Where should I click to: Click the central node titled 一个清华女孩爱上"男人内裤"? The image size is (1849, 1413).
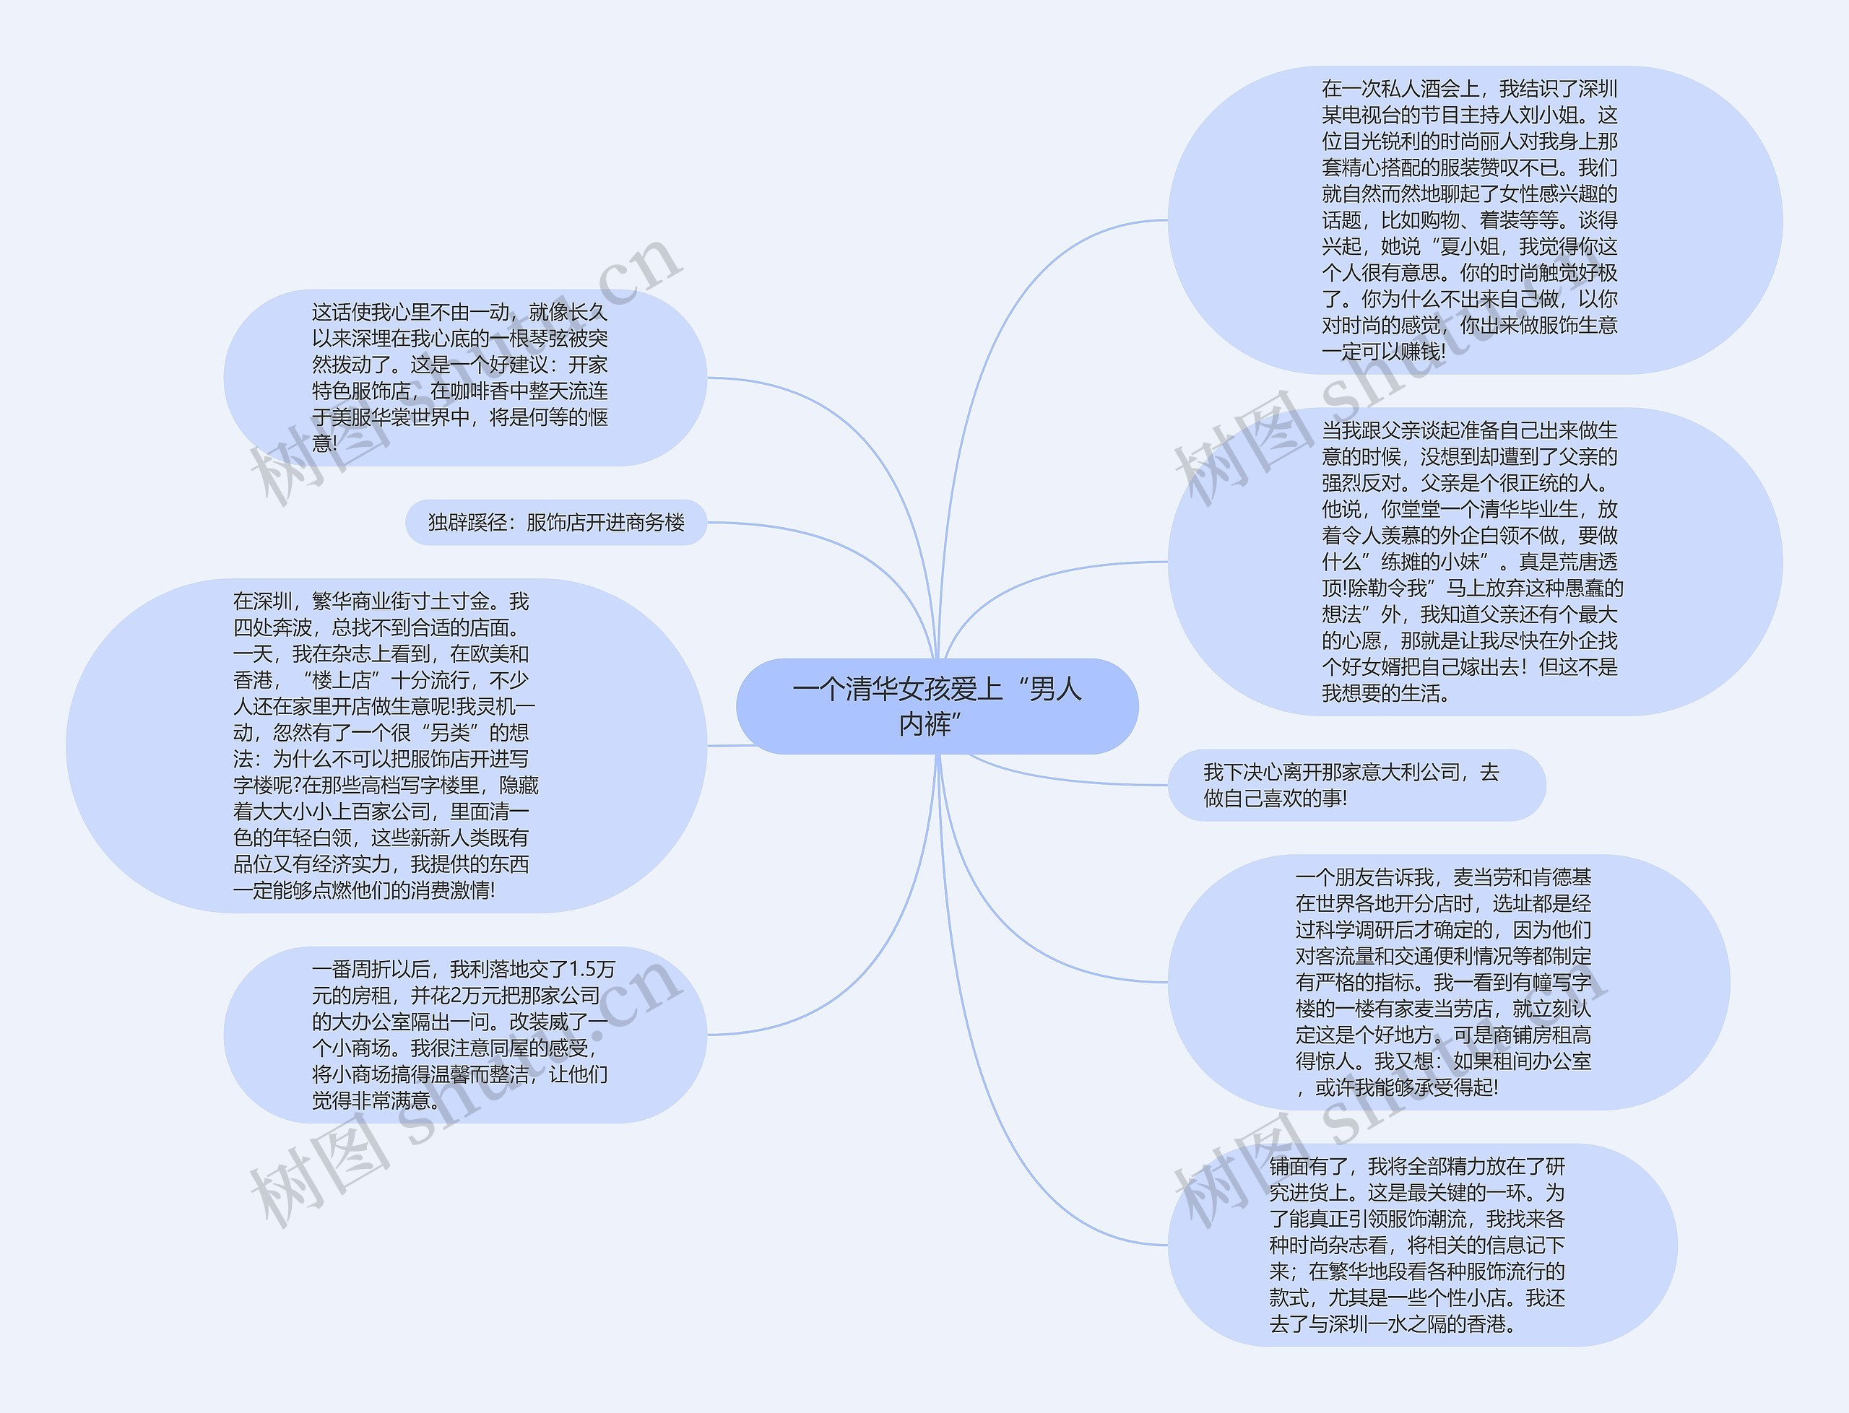pyautogui.click(x=936, y=706)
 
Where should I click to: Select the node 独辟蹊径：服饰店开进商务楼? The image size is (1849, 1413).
pyautogui.click(x=556, y=522)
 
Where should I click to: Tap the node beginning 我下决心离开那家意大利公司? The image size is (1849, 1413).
pyautogui.click(x=1356, y=785)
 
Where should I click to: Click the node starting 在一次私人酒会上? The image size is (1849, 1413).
pyautogui.click(x=1474, y=220)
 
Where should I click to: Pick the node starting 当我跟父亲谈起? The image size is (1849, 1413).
pyautogui.click(x=1474, y=562)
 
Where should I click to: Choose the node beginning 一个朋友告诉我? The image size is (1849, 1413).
pyautogui.click(x=1447, y=983)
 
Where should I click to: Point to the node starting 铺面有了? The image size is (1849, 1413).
pyautogui.click(x=1421, y=1245)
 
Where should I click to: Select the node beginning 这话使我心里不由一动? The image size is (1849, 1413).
pyautogui.click(x=464, y=378)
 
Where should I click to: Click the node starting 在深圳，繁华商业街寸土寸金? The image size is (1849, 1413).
pyautogui.click(x=386, y=745)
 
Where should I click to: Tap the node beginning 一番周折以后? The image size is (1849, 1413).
pyautogui.click(x=464, y=1035)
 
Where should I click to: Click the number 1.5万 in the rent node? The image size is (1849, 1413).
pyautogui.click(x=592, y=970)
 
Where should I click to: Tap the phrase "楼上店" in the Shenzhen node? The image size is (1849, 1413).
pyautogui.click(x=341, y=680)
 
